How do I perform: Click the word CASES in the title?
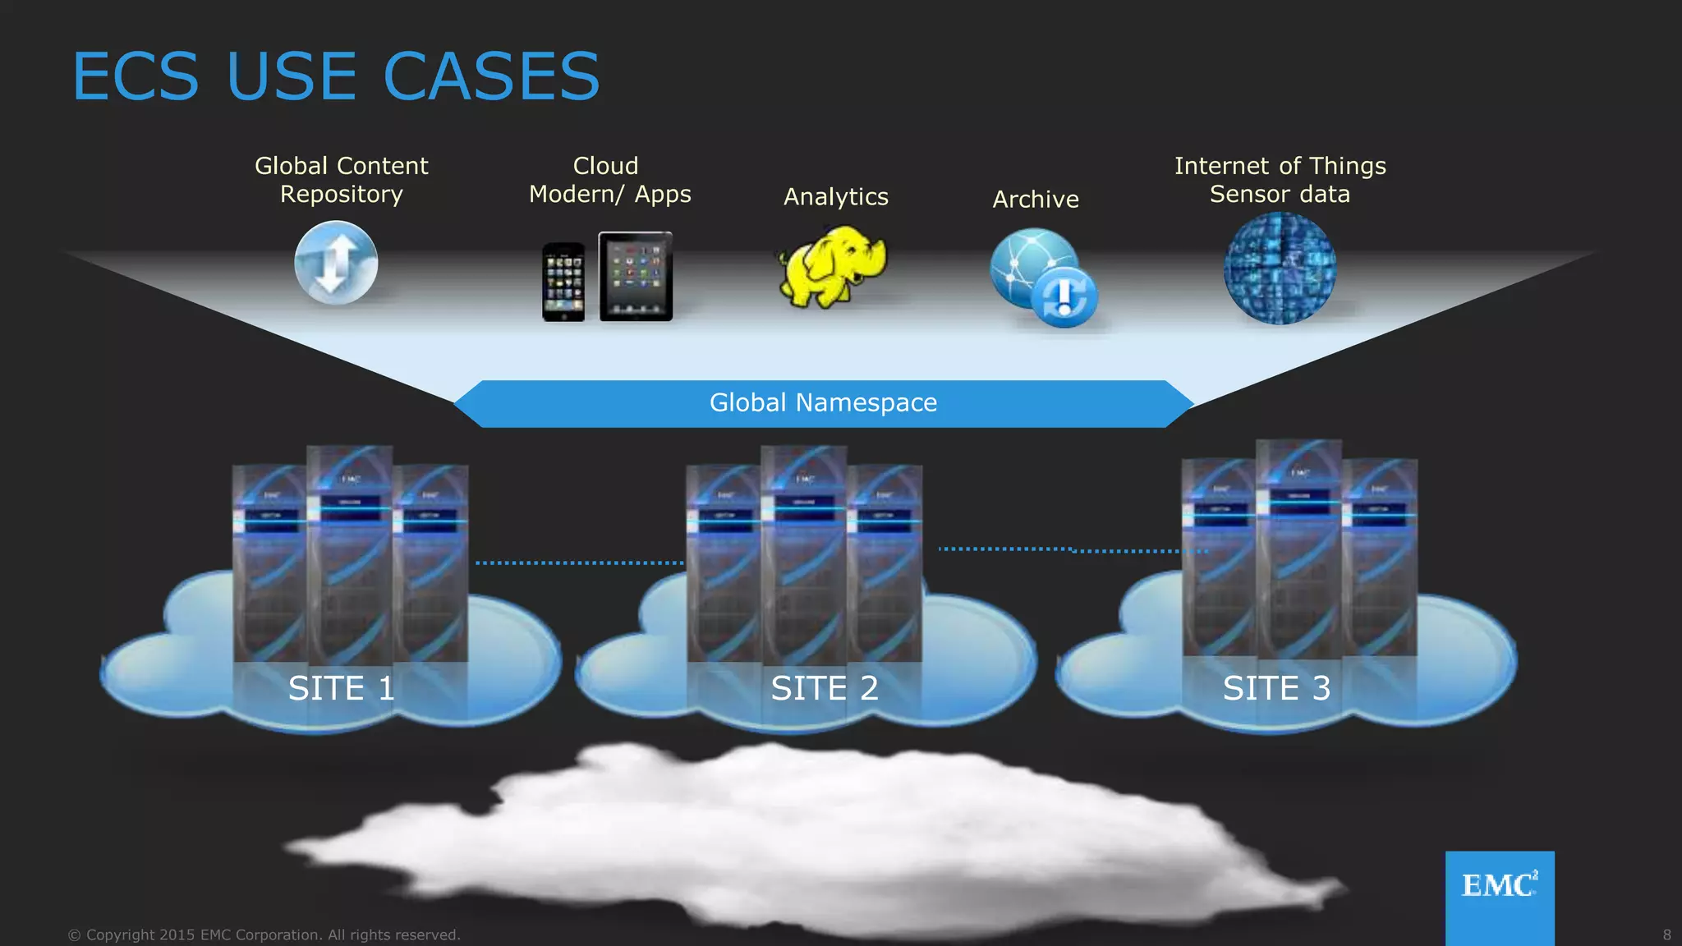[x=491, y=76]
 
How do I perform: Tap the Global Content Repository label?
[x=341, y=180]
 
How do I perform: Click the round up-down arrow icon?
[x=336, y=264]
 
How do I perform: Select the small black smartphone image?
[x=563, y=282]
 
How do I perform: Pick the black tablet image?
[x=636, y=277]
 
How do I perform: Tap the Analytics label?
[x=835, y=197]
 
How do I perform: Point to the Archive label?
[x=1035, y=200]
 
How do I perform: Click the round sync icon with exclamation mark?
[x=1064, y=296]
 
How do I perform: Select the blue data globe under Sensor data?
[x=1280, y=268]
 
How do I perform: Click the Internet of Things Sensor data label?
[x=1280, y=180]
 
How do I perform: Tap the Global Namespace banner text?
[x=823, y=403]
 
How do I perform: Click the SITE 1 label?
[x=342, y=688]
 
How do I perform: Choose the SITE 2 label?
[x=825, y=688]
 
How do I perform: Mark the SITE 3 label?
[x=1276, y=688]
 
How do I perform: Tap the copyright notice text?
[x=264, y=935]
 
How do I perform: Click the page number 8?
[x=1666, y=935]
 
